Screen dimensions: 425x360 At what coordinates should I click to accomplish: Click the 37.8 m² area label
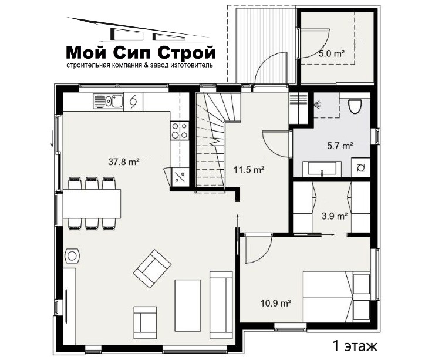pos(124,162)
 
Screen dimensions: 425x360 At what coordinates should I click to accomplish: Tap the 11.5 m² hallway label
pos(249,170)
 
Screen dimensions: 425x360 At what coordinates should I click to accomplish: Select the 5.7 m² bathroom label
pos(340,146)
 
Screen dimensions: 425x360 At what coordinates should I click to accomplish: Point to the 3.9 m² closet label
pos(335,216)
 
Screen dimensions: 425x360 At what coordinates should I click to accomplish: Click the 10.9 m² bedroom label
pos(276,302)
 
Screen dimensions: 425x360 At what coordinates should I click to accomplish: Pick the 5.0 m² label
pos(332,53)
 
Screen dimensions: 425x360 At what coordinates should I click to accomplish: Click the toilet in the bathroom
pos(355,106)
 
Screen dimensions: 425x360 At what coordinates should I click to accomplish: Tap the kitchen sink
pos(108,102)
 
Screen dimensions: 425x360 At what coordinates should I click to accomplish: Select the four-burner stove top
pos(180,130)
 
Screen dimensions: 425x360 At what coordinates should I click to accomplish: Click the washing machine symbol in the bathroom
pos(361,169)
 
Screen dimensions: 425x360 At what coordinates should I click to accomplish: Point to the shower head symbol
pos(317,105)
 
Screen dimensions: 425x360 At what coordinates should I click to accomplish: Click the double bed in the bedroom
pos(336,297)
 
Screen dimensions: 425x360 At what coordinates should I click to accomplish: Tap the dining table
pos(92,204)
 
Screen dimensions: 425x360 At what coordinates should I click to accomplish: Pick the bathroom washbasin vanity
pos(322,169)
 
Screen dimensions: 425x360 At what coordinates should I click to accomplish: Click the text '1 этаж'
pos(355,346)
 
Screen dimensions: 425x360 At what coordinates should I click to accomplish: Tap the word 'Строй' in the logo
pos(187,52)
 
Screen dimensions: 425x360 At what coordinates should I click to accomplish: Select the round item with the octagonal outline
pos(72,255)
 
